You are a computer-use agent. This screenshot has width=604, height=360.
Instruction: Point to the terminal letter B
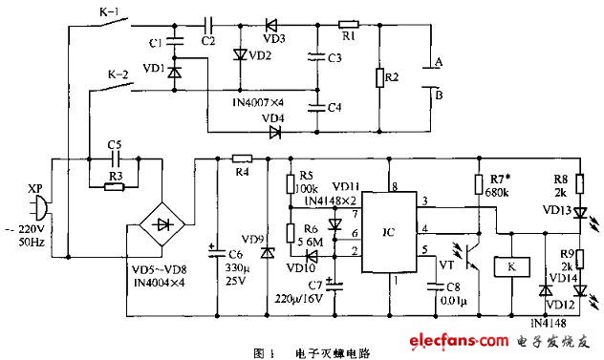click(440, 95)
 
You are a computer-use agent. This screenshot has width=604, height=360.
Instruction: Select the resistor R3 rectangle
click(114, 187)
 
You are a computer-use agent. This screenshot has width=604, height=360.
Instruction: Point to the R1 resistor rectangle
click(349, 23)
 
